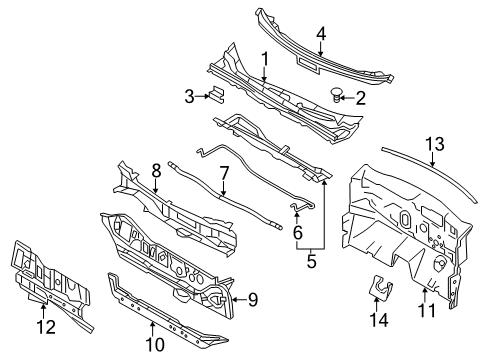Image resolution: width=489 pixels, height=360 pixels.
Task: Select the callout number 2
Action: tap(361, 97)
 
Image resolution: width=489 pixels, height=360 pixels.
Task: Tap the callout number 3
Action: tap(188, 96)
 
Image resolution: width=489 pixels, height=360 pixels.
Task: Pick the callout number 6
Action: tap(297, 230)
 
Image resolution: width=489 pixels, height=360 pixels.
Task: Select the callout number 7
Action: tap(224, 173)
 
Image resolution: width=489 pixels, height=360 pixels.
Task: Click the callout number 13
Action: tap(433, 144)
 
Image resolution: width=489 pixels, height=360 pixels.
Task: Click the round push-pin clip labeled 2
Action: tap(338, 95)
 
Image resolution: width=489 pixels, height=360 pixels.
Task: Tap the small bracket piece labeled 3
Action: tap(213, 94)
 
